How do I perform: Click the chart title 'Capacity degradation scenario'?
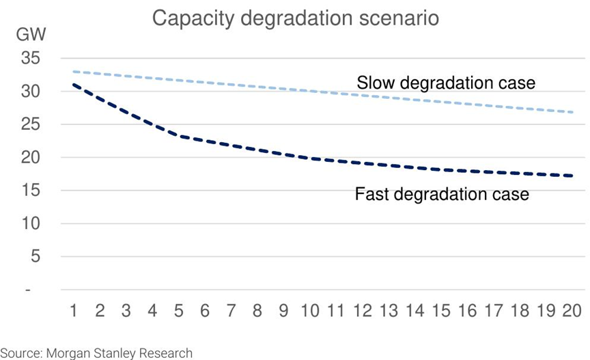point(295,18)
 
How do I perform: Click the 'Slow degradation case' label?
point(446,83)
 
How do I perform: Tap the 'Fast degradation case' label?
point(442,195)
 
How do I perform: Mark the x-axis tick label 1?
point(73,311)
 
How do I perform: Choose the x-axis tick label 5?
point(178,311)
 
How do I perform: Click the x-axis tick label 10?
point(309,311)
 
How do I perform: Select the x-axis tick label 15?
point(441,311)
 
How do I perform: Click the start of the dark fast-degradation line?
point(73,85)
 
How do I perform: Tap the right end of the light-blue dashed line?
point(572,112)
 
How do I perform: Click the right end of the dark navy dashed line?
point(572,176)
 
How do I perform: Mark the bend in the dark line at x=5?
point(178,136)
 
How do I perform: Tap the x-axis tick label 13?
point(389,311)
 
